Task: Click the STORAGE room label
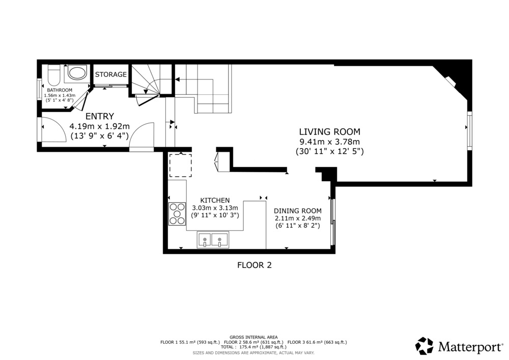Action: click(x=110, y=74)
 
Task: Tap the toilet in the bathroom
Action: click(x=54, y=75)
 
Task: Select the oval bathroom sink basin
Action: click(x=78, y=73)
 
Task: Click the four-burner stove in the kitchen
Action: click(x=177, y=213)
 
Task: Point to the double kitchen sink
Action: click(x=213, y=239)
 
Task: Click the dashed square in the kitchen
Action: click(x=181, y=165)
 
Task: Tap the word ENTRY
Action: click(x=100, y=116)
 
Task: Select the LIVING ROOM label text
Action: click(x=329, y=132)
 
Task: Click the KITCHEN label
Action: click(x=215, y=200)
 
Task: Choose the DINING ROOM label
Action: click(x=298, y=211)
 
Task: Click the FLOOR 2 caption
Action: click(x=254, y=265)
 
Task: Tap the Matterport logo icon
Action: click(x=425, y=346)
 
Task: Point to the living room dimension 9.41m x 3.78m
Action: click(x=329, y=142)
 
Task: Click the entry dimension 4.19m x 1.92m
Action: click(x=100, y=126)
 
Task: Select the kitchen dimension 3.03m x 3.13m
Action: click(x=215, y=208)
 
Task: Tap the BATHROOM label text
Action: click(x=60, y=90)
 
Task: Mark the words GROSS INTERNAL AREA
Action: click(x=253, y=337)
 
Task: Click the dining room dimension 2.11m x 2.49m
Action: click(x=298, y=218)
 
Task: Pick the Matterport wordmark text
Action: click(x=470, y=347)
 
